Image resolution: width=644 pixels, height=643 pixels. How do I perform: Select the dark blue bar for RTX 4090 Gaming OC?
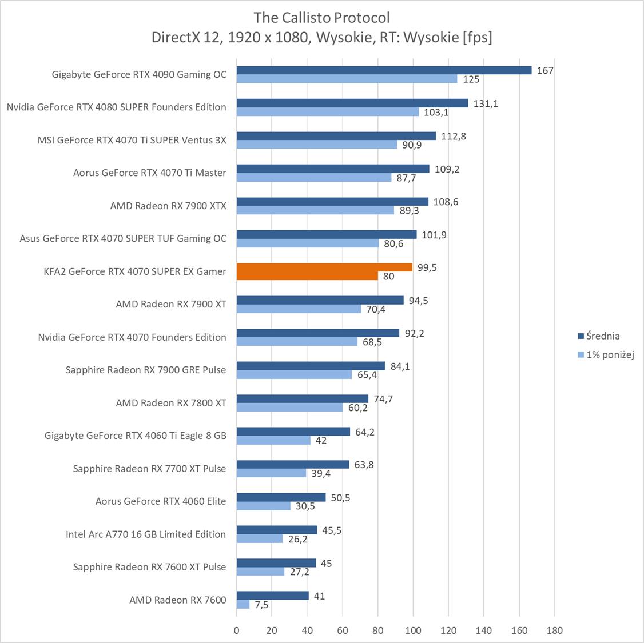(384, 70)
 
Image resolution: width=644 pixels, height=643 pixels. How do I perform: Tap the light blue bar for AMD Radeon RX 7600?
(243, 604)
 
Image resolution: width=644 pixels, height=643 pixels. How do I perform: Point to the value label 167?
(545, 70)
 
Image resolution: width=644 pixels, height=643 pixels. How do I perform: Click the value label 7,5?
(261, 605)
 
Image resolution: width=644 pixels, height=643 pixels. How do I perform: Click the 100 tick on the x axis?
(413, 630)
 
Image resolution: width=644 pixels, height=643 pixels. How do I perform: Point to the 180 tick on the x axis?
(554, 630)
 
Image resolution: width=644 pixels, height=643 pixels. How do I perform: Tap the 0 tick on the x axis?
(237, 630)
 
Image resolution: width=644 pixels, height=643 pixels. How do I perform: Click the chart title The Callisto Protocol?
(322, 17)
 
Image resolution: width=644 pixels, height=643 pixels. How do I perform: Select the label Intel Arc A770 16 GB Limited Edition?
(146, 534)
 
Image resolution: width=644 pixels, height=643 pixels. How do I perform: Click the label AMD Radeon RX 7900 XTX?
(168, 206)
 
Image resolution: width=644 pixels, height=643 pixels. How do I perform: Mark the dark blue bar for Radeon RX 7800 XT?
(303, 399)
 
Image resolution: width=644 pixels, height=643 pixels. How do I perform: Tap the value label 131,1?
(486, 103)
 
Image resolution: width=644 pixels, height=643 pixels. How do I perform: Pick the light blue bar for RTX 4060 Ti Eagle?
(273, 440)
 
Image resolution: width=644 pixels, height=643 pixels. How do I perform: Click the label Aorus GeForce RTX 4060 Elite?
(161, 501)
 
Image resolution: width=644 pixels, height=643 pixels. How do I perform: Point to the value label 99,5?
(427, 267)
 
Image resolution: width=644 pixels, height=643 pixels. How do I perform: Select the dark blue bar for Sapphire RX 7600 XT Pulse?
(276, 563)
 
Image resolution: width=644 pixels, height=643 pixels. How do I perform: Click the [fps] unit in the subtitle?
(476, 37)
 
